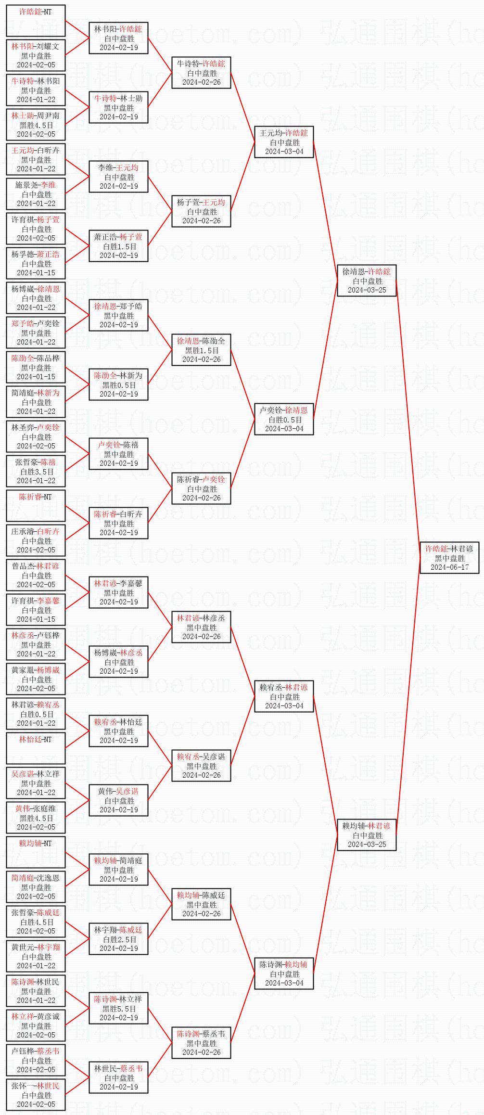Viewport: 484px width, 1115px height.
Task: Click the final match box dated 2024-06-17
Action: coord(449,558)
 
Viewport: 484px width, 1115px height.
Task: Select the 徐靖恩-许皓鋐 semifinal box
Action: coord(367,281)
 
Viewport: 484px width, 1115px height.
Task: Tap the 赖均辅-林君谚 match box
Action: coord(367,835)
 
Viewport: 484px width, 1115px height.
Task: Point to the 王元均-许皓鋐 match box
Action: coord(284,142)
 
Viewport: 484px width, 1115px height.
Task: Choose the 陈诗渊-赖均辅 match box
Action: coord(284,974)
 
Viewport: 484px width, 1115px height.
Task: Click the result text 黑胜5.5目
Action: coord(119,1009)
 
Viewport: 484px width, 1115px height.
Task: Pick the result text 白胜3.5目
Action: coord(37,472)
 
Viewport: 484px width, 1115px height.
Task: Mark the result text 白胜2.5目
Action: coord(119,939)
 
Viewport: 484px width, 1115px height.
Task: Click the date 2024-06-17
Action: coord(449,567)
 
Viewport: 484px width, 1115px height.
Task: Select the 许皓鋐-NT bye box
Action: coord(36,21)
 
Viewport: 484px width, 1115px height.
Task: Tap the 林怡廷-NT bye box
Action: coord(36,748)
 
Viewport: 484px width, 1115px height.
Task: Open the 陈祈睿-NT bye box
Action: coord(36,506)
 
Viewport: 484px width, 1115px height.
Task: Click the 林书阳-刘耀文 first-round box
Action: coord(36,55)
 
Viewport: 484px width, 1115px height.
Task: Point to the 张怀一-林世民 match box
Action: coord(36,1095)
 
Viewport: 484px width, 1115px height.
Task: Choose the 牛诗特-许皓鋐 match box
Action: coord(201,73)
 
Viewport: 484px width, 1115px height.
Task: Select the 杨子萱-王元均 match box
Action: coord(201,211)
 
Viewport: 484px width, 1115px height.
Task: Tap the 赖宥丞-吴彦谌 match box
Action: coord(201,766)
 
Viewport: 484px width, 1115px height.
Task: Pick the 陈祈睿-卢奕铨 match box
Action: coord(201,488)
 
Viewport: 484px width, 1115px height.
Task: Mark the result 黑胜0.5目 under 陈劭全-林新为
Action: coord(119,385)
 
